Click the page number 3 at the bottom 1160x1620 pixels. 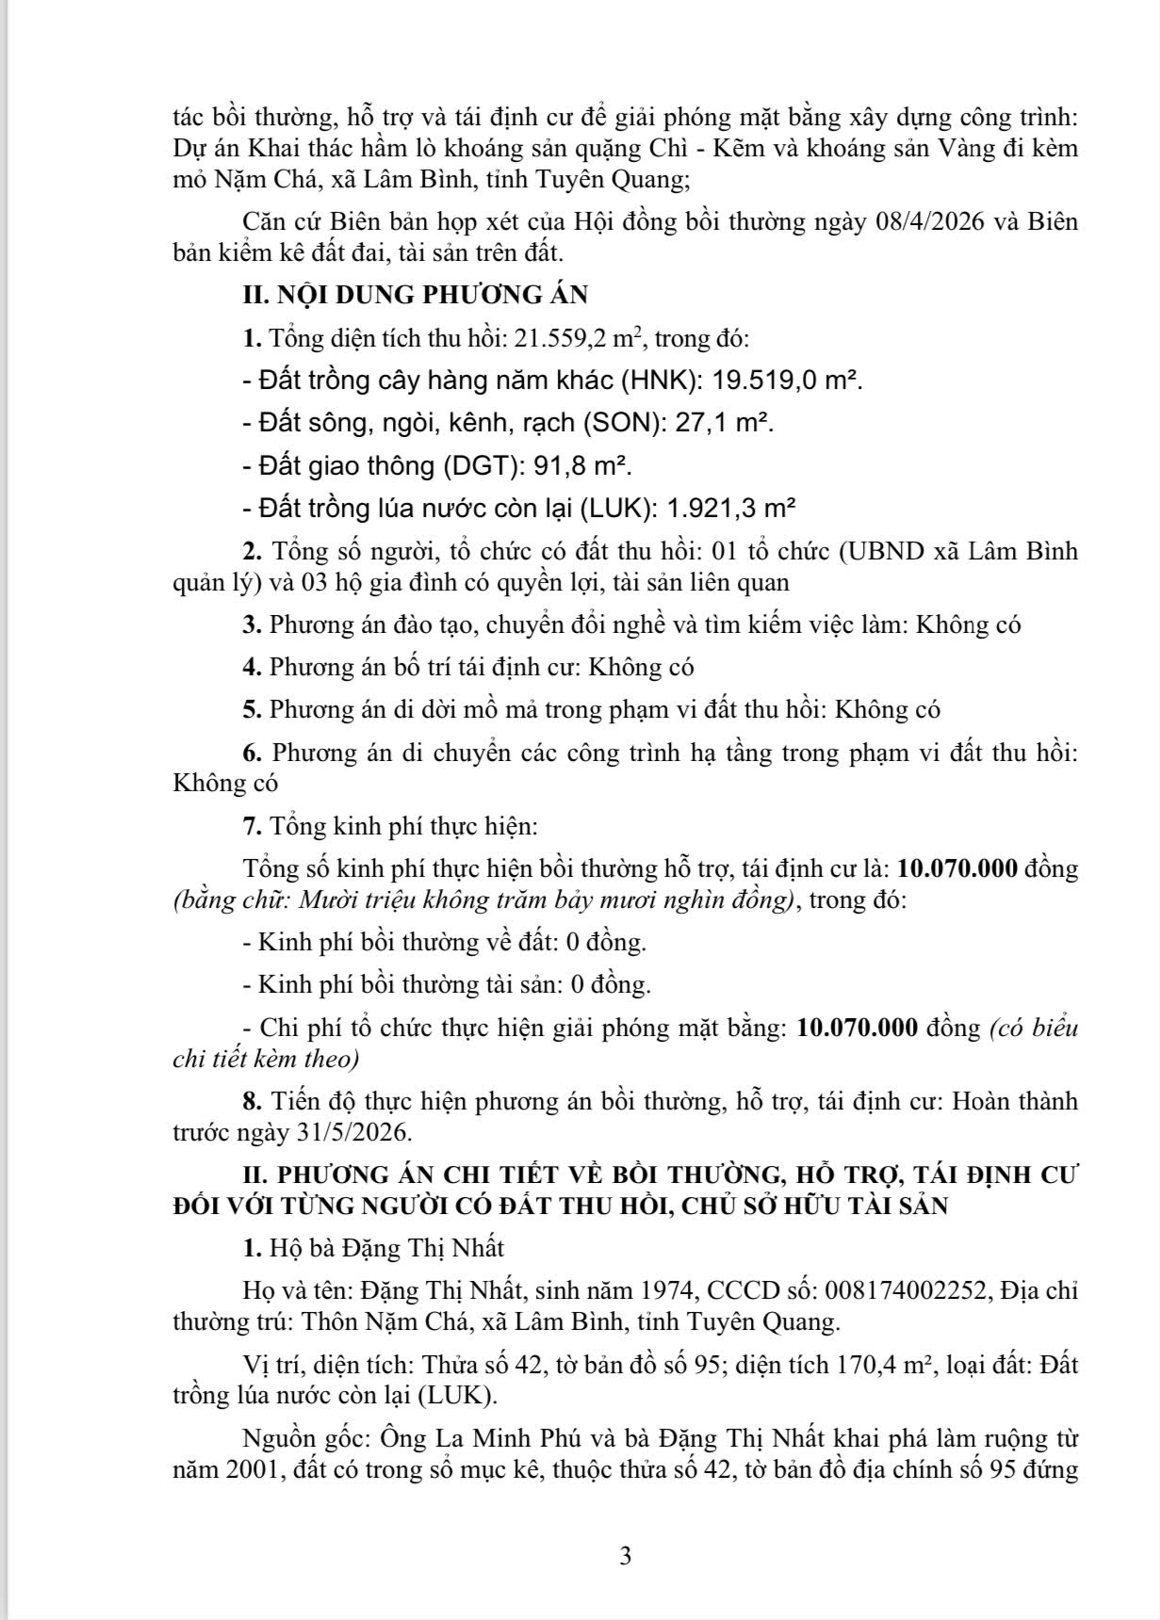pos(626,1556)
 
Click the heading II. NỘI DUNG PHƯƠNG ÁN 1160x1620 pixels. pos(415,295)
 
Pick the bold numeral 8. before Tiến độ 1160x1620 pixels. pos(252,1101)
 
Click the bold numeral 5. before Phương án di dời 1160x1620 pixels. pos(252,709)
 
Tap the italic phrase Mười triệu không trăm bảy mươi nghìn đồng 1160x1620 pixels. pos(544,899)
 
